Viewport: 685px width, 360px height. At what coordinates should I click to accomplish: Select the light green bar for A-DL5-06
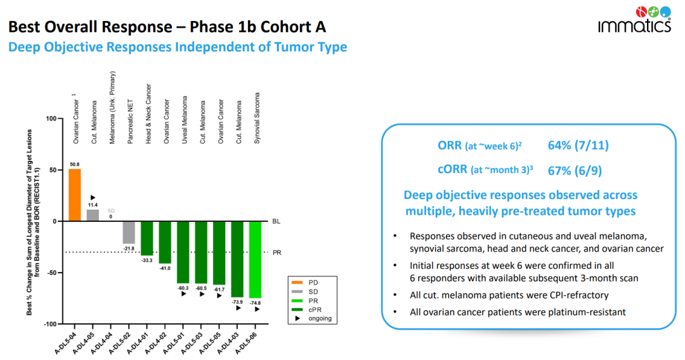pos(255,259)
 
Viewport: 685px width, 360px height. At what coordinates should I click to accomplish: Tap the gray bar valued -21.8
pos(129,232)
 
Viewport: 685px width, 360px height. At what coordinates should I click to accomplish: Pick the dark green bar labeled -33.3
pos(147,238)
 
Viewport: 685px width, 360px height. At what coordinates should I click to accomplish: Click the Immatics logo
pos(635,18)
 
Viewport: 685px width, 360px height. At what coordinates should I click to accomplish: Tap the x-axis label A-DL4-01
pos(139,341)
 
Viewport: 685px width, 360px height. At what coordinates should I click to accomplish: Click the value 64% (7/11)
pos(578,146)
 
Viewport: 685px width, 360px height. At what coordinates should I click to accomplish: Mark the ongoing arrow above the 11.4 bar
pos(93,198)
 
